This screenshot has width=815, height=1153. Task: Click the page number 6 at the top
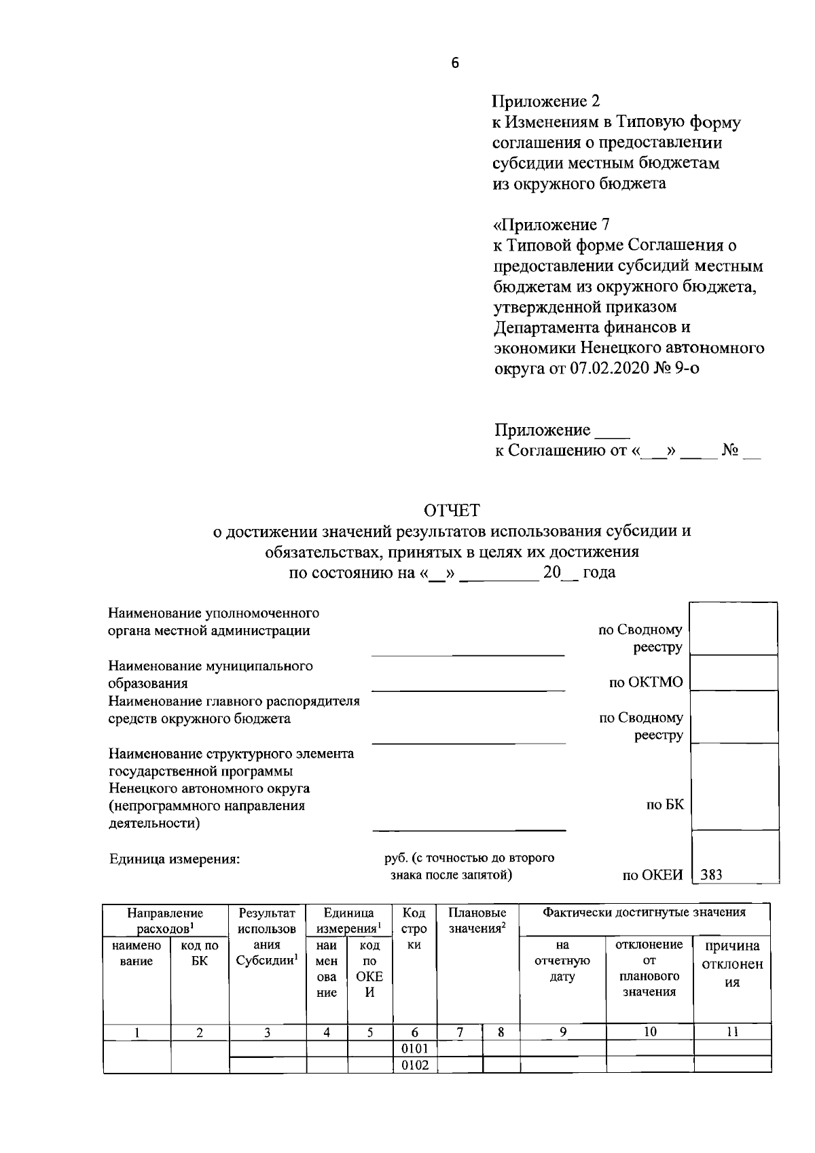point(454,63)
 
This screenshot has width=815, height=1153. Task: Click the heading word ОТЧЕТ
point(452,510)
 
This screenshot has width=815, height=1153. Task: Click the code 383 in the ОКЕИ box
point(711,875)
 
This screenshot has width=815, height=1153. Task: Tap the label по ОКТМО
point(645,682)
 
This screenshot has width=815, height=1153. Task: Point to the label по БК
point(665,805)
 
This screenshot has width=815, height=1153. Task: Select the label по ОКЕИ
point(652,875)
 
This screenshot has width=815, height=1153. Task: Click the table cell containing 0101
point(415,1048)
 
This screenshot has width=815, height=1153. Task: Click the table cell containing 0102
point(415,1065)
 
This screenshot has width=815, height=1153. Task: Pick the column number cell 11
point(731,1031)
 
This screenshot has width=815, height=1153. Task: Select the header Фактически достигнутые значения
point(644,912)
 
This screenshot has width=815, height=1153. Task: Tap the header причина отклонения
point(731,964)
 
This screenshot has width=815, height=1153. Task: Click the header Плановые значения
point(477,920)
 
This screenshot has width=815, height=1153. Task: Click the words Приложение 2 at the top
point(546,102)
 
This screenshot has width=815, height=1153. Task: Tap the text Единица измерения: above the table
point(175,860)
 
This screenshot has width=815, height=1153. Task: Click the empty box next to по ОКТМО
point(733,673)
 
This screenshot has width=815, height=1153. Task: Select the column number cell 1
point(137,1032)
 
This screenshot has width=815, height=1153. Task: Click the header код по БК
point(200,953)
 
